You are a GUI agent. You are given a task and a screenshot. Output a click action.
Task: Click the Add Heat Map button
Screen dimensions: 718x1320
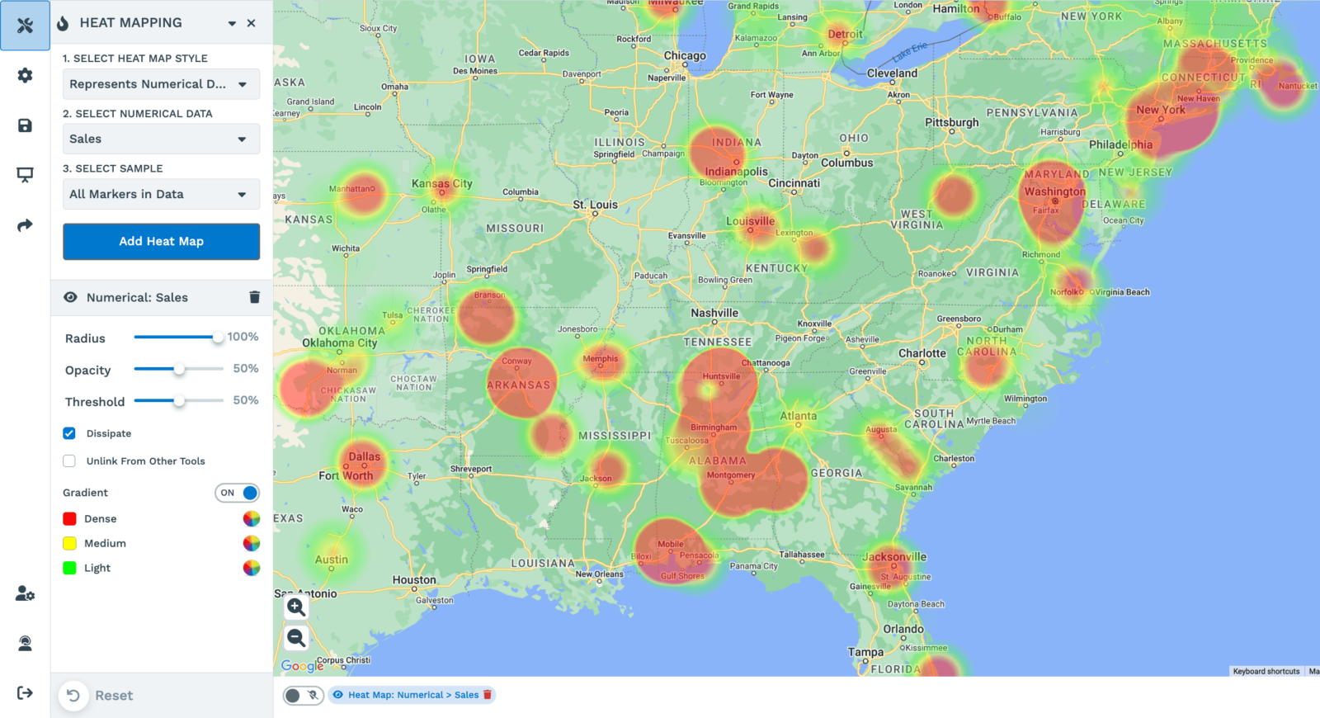(161, 241)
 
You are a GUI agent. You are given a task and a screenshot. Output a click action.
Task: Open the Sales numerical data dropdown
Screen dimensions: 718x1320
(161, 139)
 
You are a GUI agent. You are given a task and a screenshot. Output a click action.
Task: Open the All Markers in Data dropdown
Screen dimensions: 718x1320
(161, 194)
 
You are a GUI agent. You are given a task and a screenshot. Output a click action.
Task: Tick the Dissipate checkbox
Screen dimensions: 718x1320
(69, 433)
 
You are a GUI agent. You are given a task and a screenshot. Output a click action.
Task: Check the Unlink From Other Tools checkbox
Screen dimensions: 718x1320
(69, 461)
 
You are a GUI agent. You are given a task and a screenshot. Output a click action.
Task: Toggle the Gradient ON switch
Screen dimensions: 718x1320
(238, 493)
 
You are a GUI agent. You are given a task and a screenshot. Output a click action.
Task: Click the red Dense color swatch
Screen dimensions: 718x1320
(70, 519)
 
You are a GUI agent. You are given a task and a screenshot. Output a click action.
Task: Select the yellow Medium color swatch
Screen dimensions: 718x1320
(70, 543)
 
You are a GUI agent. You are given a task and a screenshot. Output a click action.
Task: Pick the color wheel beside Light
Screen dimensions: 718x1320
(252, 568)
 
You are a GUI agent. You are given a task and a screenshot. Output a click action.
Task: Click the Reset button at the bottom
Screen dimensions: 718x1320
(98, 696)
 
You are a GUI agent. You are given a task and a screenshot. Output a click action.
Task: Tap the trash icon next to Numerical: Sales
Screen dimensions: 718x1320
(254, 297)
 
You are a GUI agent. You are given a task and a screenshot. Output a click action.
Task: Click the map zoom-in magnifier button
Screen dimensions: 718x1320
(296, 607)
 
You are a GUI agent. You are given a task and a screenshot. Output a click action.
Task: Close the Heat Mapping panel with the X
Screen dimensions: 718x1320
(252, 23)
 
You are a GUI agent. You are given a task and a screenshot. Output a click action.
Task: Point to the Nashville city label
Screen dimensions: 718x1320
(714, 313)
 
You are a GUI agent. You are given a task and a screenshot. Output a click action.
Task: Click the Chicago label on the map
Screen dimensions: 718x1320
(685, 56)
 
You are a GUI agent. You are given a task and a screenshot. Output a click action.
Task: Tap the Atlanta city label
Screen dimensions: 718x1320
(798, 416)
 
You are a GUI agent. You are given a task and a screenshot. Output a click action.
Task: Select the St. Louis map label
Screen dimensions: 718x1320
(595, 205)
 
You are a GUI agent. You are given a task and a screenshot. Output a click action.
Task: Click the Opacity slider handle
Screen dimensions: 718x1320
(179, 369)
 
